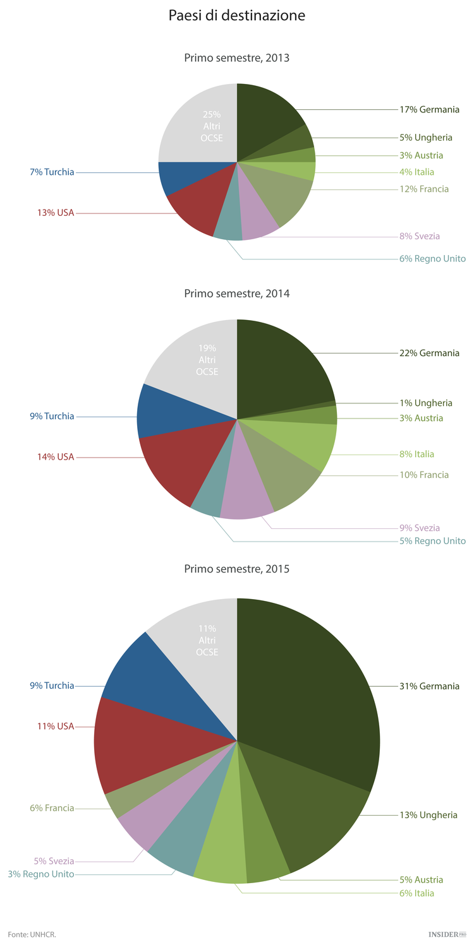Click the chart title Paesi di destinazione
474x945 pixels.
[236, 16]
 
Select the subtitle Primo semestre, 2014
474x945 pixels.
[236, 294]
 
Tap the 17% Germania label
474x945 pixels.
[429, 109]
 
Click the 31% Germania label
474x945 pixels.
[429, 686]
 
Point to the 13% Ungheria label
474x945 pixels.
[428, 815]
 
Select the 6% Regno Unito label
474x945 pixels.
[432, 259]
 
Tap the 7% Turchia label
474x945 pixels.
[52, 172]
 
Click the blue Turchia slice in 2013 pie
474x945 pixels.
[183, 177]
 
